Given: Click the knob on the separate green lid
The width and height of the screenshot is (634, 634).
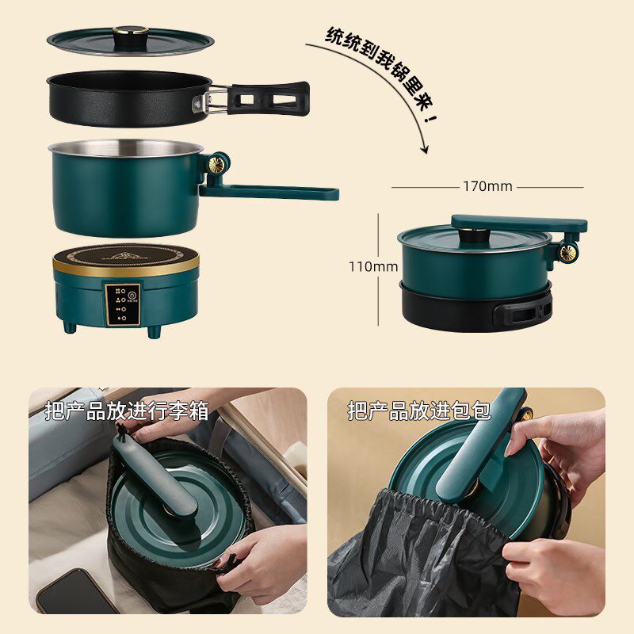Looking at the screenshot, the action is (130, 35).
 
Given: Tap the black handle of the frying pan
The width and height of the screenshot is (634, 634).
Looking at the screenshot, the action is (269, 98).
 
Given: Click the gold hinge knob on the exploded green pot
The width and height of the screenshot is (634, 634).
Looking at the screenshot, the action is (216, 165).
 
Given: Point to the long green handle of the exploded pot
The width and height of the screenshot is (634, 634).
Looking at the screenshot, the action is (269, 193).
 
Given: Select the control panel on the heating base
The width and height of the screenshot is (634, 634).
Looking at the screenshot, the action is (123, 304).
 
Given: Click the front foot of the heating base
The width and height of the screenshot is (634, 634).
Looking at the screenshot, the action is (154, 332).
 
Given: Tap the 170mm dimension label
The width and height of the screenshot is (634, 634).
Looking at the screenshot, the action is (487, 186).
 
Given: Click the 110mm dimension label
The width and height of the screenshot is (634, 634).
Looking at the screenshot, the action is (373, 267).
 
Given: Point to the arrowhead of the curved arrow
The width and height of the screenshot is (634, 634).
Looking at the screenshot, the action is (424, 150).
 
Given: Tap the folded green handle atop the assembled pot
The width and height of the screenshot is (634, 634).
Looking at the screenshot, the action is (519, 223).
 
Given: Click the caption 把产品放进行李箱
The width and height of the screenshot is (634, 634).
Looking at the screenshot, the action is (127, 411).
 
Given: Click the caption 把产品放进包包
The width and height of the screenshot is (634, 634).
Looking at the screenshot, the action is (419, 411).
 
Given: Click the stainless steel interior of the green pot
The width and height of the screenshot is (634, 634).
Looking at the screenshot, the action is (126, 148).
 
